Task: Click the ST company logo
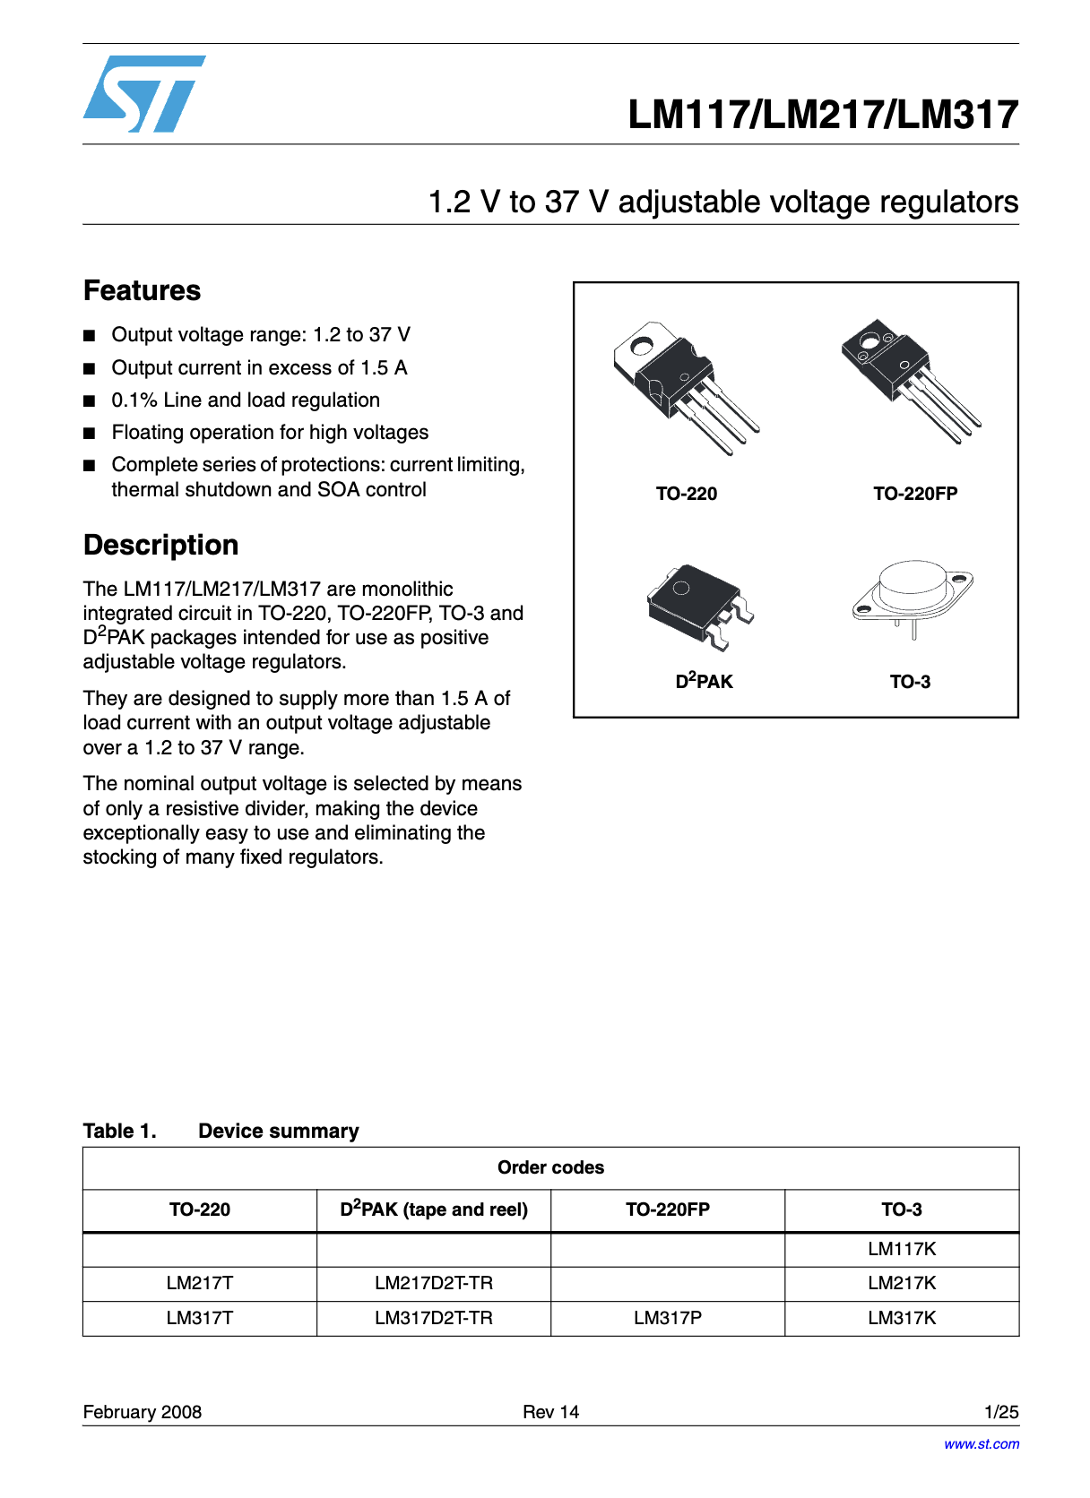(143, 94)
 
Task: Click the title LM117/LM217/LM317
(822, 115)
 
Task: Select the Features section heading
(142, 290)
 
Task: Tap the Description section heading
(160, 545)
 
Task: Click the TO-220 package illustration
(685, 385)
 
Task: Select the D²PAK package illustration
(699, 605)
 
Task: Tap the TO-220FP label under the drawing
(915, 494)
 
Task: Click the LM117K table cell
(902, 1249)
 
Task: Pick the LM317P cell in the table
(668, 1318)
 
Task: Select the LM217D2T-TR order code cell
(434, 1283)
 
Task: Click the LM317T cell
(200, 1318)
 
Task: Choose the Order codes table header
(550, 1167)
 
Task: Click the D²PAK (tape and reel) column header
(434, 1210)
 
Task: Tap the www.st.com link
(981, 1444)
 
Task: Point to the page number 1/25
(1001, 1412)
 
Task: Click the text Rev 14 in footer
(550, 1412)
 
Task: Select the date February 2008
(142, 1412)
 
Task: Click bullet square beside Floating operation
(89, 434)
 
